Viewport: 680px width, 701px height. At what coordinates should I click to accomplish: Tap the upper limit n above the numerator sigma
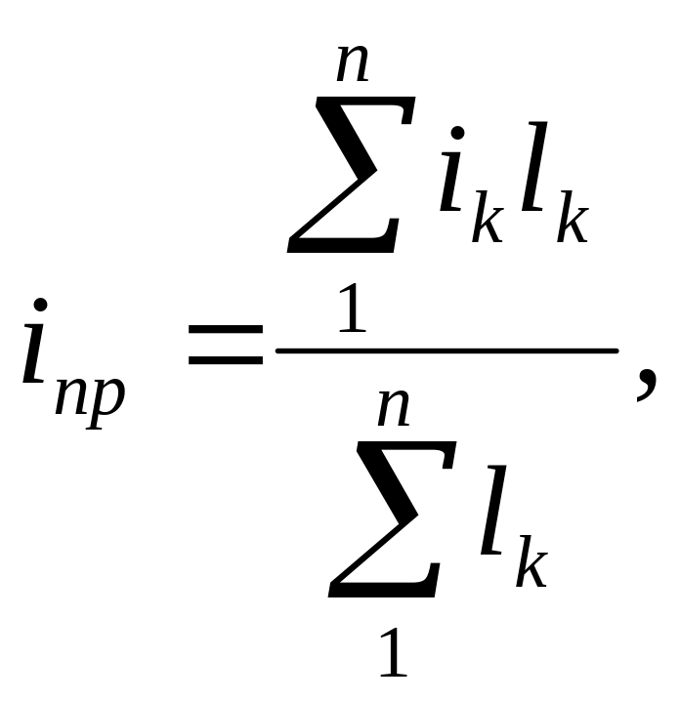tap(352, 62)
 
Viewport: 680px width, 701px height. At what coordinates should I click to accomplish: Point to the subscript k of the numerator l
tap(573, 224)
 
